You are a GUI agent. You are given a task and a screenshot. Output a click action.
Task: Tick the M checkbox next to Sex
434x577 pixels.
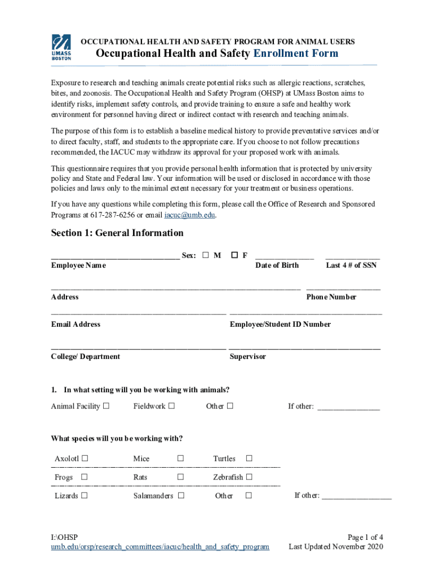[206, 255]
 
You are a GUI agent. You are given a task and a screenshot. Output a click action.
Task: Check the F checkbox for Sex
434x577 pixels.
[234, 255]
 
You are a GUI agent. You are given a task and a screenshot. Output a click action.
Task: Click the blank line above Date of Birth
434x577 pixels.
[285, 256]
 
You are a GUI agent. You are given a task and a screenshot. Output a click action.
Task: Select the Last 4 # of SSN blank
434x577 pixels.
[352, 256]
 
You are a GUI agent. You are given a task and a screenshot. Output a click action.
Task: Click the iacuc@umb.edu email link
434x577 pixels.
[189, 215]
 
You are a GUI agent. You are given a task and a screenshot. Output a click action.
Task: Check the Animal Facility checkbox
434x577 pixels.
[106, 406]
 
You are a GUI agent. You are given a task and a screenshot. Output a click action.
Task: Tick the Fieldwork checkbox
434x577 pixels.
[171, 406]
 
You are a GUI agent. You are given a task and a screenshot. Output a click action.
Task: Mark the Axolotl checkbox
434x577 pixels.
[85, 459]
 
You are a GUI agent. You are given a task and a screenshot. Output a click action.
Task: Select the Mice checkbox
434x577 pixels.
[181, 459]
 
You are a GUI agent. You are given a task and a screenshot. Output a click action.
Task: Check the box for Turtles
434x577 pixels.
[249, 459]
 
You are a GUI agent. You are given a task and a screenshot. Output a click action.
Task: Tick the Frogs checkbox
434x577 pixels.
[84, 477]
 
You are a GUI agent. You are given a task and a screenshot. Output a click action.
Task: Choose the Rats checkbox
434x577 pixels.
[181, 477]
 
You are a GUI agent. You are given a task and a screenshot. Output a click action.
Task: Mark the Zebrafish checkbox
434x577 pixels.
[249, 477]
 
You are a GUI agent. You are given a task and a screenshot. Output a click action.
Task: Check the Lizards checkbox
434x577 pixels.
[84, 496]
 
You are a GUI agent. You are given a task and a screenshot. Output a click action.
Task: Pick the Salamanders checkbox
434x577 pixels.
[181, 496]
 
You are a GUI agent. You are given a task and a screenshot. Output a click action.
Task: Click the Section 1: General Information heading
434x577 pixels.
[117, 233]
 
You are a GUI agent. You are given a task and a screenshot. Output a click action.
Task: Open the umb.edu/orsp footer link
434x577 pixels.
[160, 547]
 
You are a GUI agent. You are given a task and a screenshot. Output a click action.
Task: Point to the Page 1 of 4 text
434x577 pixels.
[365, 536]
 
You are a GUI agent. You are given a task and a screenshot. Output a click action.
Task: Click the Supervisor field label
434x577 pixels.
[248, 357]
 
